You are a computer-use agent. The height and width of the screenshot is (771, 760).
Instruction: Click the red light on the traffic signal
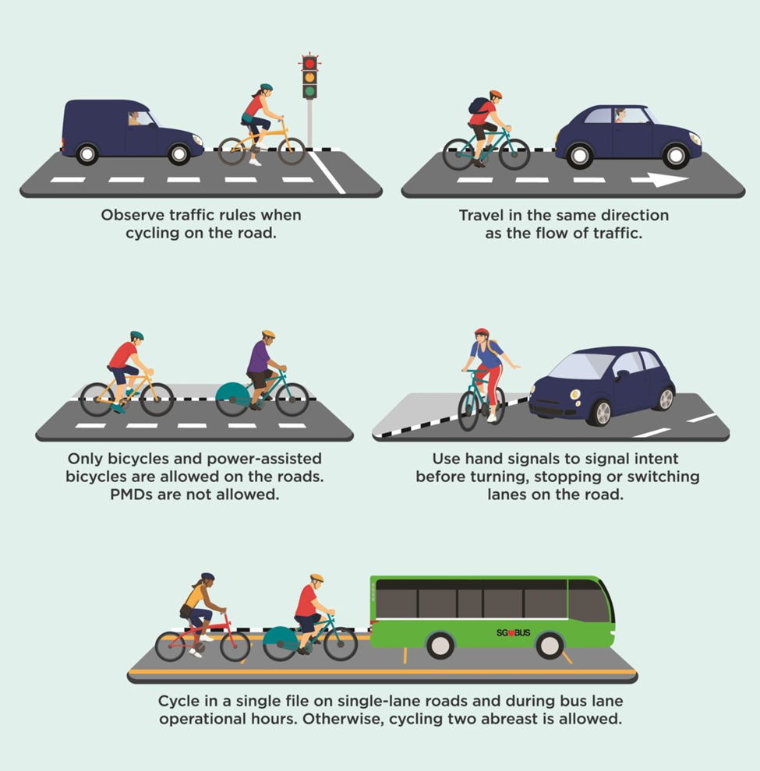click(x=309, y=63)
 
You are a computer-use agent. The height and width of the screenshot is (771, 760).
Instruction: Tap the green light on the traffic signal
click(x=309, y=91)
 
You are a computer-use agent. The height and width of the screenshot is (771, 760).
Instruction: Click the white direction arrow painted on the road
click(x=659, y=180)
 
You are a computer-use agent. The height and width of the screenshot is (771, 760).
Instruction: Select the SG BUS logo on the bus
click(x=514, y=632)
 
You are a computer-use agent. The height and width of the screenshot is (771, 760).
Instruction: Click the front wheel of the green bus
click(x=550, y=645)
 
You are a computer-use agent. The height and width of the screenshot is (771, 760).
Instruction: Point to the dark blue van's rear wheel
click(x=87, y=154)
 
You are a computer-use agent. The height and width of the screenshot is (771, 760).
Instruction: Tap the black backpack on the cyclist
click(x=478, y=106)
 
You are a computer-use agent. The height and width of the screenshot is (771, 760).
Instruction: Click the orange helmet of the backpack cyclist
click(x=496, y=94)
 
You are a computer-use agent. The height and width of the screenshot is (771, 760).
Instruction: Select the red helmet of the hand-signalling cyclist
click(x=482, y=333)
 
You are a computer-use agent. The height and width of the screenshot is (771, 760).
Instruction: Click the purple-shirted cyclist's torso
click(x=259, y=357)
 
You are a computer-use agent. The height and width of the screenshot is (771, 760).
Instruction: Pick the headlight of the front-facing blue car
click(x=575, y=394)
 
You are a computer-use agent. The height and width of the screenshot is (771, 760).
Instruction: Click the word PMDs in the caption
click(x=132, y=495)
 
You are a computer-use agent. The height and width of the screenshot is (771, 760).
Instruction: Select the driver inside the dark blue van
click(x=134, y=118)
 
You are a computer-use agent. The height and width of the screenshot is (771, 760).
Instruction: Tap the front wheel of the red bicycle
click(x=235, y=646)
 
